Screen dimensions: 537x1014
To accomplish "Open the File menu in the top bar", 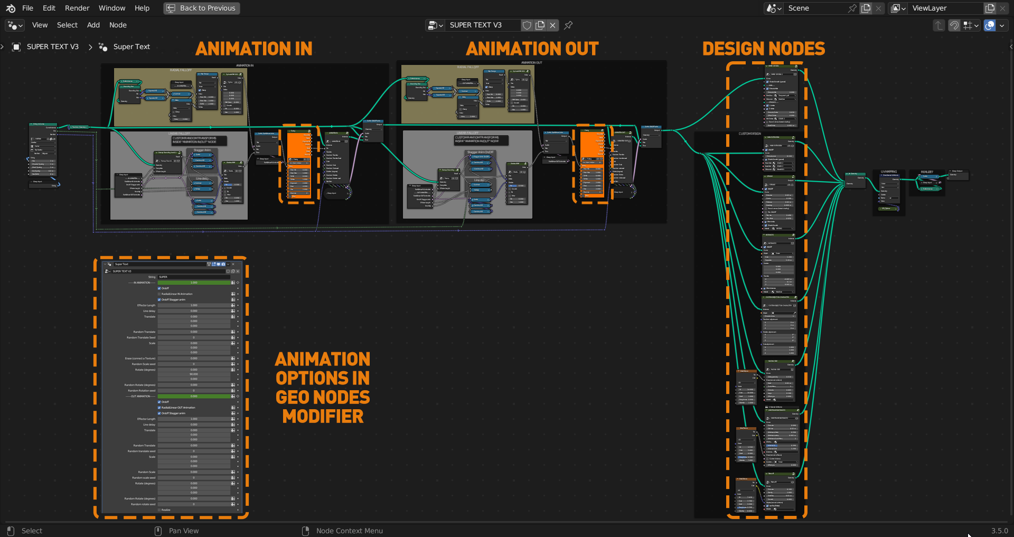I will click(x=27, y=8).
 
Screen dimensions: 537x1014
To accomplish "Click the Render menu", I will click(x=77, y=8).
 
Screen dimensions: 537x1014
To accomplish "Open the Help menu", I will click(x=142, y=8).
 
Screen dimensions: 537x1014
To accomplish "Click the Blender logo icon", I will click(x=11, y=8).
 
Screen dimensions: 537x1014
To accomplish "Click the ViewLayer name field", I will click(x=945, y=8).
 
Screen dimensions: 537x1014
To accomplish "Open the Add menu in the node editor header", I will click(x=93, y=25).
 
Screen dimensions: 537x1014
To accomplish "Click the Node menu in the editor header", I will click(x=118, y=25).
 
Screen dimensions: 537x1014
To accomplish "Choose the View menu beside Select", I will click(x=40, y=25).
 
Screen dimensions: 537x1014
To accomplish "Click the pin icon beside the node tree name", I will click(x=568, y=25).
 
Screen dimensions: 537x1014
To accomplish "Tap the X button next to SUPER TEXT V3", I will click(x=552, y=25).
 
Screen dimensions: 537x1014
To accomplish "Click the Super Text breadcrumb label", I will click(x=132, y=46).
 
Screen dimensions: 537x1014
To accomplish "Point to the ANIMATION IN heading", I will click(x=253, y=49).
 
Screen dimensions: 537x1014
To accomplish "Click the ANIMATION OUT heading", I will click(x=532, y=49).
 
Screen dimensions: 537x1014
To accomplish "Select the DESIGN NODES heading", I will click(x=763, y=49).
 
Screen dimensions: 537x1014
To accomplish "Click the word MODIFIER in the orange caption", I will click(x=323, y=417).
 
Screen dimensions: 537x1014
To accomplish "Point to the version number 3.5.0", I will click(x=999, y=531).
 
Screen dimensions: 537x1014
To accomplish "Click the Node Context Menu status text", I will click(x=349, y=531).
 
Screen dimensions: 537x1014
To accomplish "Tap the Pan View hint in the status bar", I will click(x=183, y=531).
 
